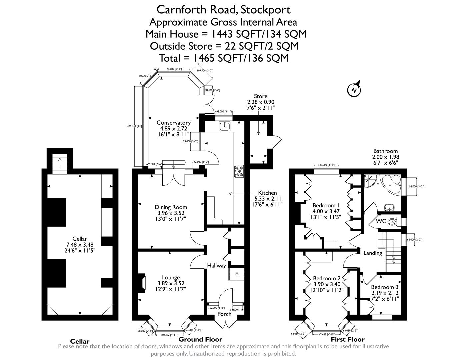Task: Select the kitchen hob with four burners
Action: pyautogui.click(x=239, y=171)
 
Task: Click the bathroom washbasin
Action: pyautogui.click(x=389, y=208)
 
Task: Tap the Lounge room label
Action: pyautogui.click(x=171, y=277)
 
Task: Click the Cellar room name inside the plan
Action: pyautogui.click(x=80, y=239)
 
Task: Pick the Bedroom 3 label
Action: pyautogui.click(x=384, y=287)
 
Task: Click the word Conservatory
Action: pyautogui.click(x=174, y=123)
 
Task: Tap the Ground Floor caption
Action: pyautogui.click(x=200, y=339)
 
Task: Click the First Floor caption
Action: pyautogui.click(x=347, y=339)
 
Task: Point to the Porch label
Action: pyautogui.click(x=224, y=314)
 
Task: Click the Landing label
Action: pyautogui.click(x=373, y=253)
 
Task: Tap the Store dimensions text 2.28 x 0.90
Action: pyautogui.click(x=260, y=102)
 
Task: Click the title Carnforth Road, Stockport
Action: pyautogui.click(x=223, y=9)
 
